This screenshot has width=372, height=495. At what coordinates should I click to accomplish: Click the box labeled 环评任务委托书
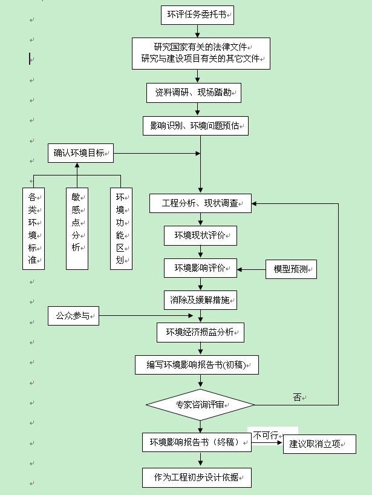197,15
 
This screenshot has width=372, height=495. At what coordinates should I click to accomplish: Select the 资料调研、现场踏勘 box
194,93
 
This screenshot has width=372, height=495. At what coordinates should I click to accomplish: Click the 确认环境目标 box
81,153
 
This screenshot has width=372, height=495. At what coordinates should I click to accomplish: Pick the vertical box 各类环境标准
33,229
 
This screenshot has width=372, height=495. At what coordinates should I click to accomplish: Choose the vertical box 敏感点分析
77,229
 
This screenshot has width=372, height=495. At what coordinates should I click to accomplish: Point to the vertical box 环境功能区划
121,229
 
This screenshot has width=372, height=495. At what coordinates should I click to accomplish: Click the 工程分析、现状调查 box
200,203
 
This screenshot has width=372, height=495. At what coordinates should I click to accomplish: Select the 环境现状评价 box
200,235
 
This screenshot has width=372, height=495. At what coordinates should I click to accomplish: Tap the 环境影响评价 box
200,267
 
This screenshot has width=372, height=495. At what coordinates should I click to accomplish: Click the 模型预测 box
291,268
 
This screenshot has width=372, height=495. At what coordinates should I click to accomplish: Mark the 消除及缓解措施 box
200,299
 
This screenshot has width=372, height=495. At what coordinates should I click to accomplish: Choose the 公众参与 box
73,315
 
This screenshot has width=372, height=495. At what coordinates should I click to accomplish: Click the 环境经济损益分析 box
200,332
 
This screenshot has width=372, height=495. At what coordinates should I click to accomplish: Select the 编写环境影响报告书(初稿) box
197,365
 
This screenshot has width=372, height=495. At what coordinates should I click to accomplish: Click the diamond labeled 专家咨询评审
200,404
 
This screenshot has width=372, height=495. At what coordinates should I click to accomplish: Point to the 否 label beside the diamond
297,398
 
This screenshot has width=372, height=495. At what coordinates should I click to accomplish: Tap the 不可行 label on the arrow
266,435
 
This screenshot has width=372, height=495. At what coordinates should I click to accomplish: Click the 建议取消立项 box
319,444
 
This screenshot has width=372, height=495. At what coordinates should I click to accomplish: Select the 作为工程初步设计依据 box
197,477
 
